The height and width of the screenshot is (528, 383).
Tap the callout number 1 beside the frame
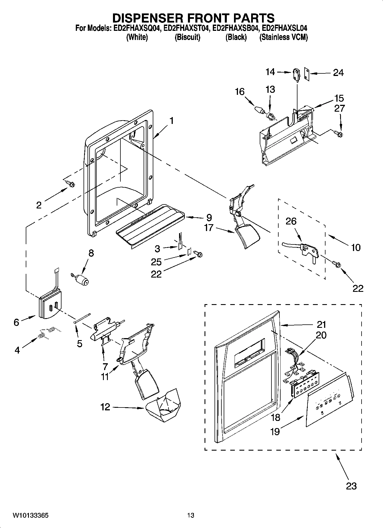click(171, 121)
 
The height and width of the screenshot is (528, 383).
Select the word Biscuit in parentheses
click(187, 37)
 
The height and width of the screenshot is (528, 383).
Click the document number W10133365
click(31, 515)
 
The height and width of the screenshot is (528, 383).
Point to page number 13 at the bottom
click(191, 515)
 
